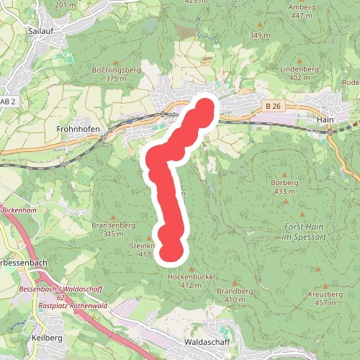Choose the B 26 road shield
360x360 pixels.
[272, 107]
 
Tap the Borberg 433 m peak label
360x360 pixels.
[284, 186]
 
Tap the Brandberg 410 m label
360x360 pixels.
[235, 294]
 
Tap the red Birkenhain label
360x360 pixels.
[19, 209]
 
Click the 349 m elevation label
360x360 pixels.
[259, 35]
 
